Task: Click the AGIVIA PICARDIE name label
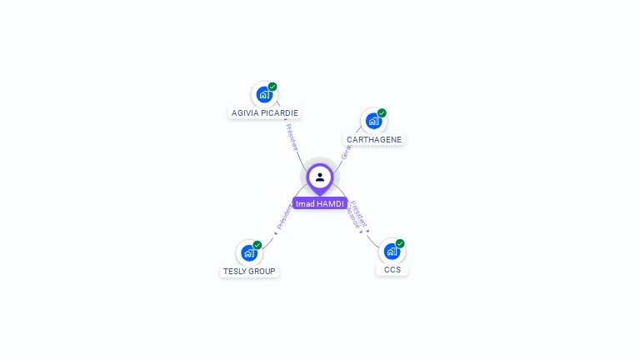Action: pyautogui.click(x=264, y=112)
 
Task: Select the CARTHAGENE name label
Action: pyautogui.click(x=373, y=140)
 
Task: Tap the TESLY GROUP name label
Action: pyautogui.click(x=249, y=271)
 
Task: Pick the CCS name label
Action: pyautogui.click(x=392, y=269)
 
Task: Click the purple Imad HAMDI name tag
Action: pyautogui.click(x=320, y=203)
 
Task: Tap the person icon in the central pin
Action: pyautogui.click(x=320, y=177)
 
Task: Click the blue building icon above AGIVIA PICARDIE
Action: pyautogui.click(x=264, y=94)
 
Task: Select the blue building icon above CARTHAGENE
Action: pyautogui.click(x=373, y=121)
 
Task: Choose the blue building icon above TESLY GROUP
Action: pyautogui.click(x=248, y=252)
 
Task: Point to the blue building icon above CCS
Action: pyautogui.click(x=391, y=251)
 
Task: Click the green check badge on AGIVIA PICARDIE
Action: pyautogui.click(x=272, y=87)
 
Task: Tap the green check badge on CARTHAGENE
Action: pyautogui.click(x=382, y=113)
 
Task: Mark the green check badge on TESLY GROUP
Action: pyautogui.click(x=257, y=245)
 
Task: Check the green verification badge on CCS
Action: pyautogui.click(x=400, y=243)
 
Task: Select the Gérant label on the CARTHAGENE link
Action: pyautogui.click(x=345, y=152)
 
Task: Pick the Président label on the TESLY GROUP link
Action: pyautogui.click(x=282, y=217)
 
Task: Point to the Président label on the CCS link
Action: pyautogui.click(x=359, y=212)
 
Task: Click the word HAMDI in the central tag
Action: pyautogui.click(x=331, y=203)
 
